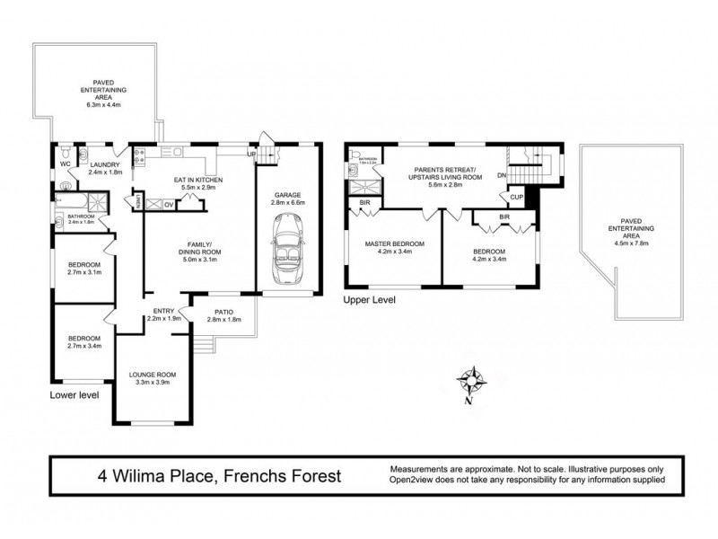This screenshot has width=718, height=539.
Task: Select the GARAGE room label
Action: pos(285,194)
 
